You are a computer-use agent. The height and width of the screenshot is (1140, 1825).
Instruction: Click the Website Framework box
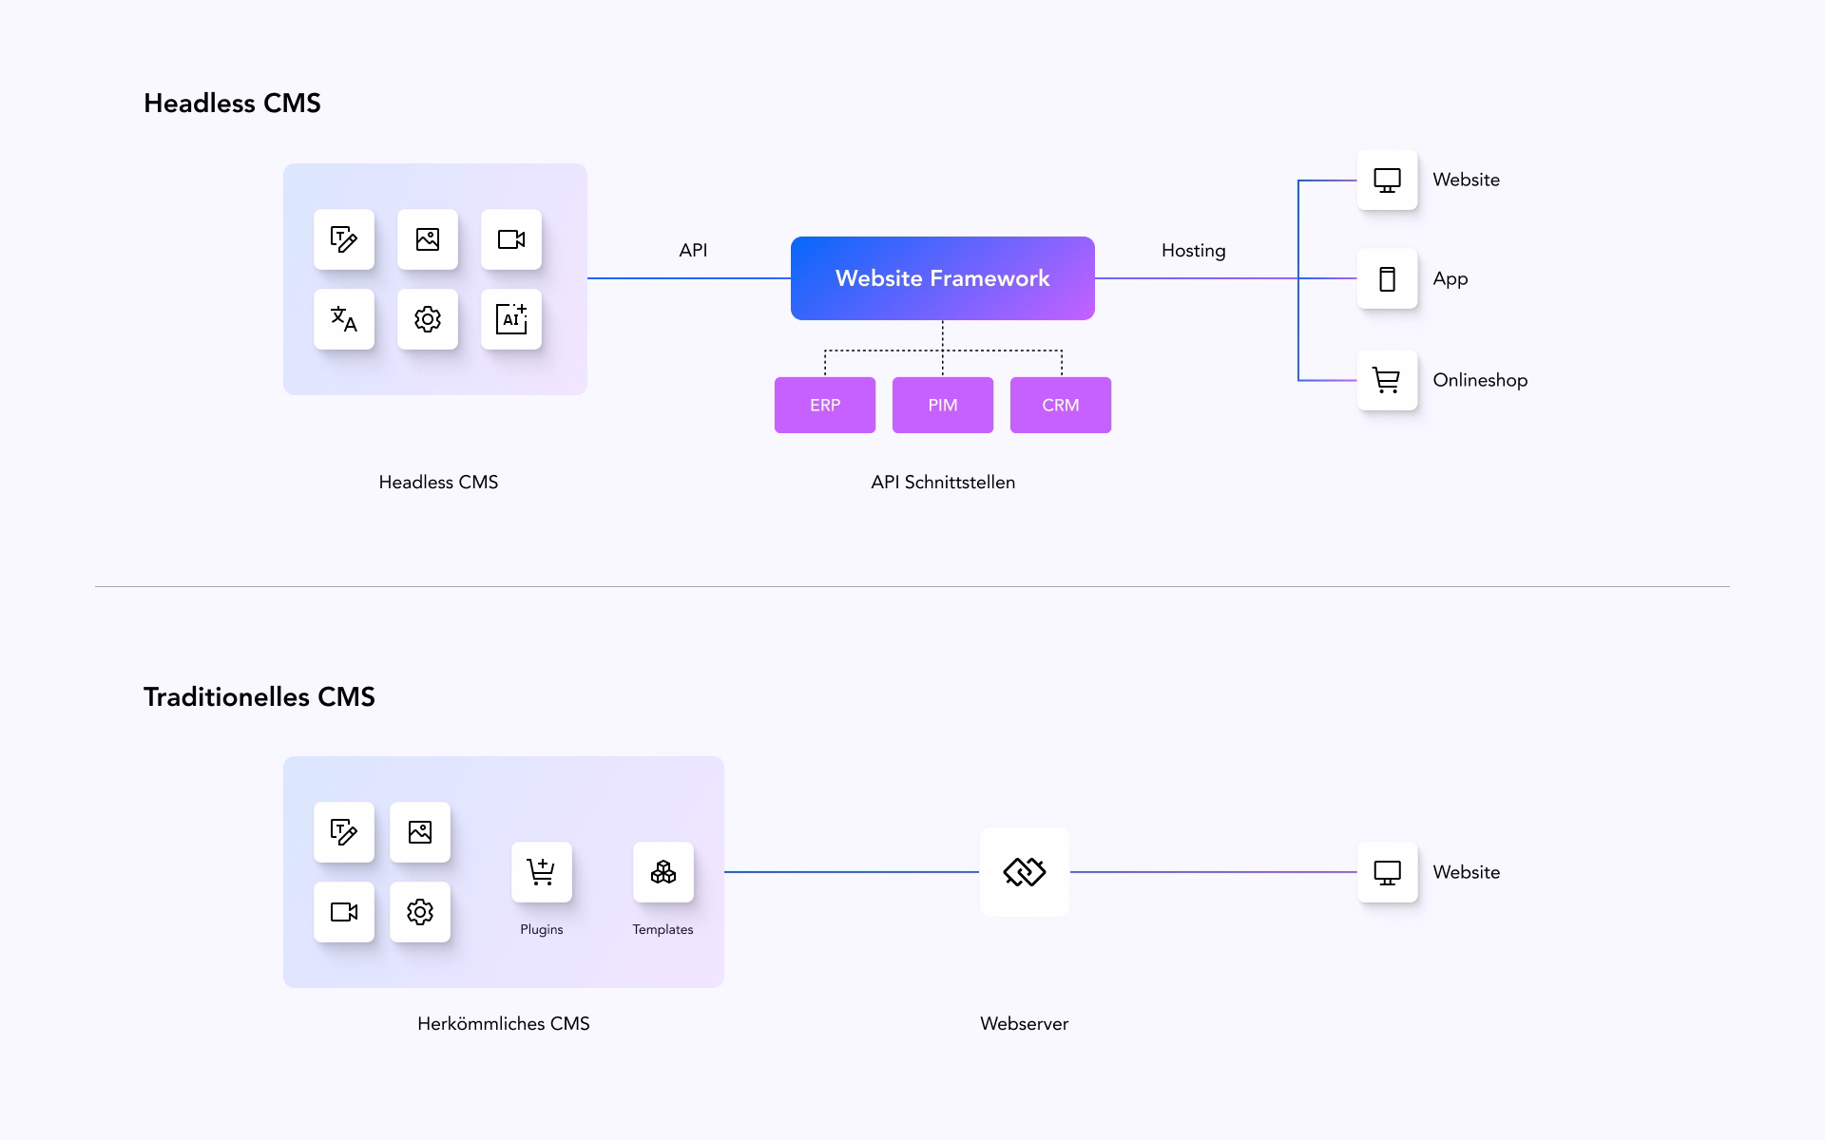click(942, 278)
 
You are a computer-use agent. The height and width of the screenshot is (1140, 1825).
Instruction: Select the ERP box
click(824, 406)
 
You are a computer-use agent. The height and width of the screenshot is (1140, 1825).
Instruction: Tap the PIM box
click(942, 406)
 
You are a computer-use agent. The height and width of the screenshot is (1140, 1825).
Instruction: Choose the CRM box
click(1060, 406)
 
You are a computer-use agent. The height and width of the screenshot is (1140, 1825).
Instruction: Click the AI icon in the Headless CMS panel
click(511, 319)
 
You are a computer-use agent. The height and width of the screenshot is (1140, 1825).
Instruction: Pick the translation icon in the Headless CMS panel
click(344, 319)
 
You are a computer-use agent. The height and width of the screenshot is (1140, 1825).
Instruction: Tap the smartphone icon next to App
click(1387, 279)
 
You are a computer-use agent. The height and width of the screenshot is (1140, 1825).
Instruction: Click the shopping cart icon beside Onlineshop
click(1387, 381)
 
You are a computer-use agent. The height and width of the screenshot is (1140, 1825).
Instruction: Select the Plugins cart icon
click(542, 872)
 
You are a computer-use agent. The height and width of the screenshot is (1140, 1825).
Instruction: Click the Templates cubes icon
click(663, 872)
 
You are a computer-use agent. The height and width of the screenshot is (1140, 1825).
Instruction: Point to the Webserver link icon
click(1025, 872)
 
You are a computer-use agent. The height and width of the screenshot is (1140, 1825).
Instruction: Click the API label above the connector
click(693, 251)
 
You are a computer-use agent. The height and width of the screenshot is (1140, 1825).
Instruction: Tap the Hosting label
click(1193, 251)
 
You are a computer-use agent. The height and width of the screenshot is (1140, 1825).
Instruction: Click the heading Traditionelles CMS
click(259, 697)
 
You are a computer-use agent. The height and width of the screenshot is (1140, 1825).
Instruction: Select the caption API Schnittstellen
click(943, 483)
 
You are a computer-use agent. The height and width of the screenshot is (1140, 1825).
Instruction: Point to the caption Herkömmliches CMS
click(504, 1024)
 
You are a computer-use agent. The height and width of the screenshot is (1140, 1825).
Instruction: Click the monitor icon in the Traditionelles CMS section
click(1387, 872)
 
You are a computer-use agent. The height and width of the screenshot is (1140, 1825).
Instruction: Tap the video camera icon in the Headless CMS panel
click(511, 239)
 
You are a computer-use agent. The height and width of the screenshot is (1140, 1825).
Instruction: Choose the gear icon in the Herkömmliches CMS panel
click(420, 912)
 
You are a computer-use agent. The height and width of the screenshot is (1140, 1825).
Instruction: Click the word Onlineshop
click(1480, 381)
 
